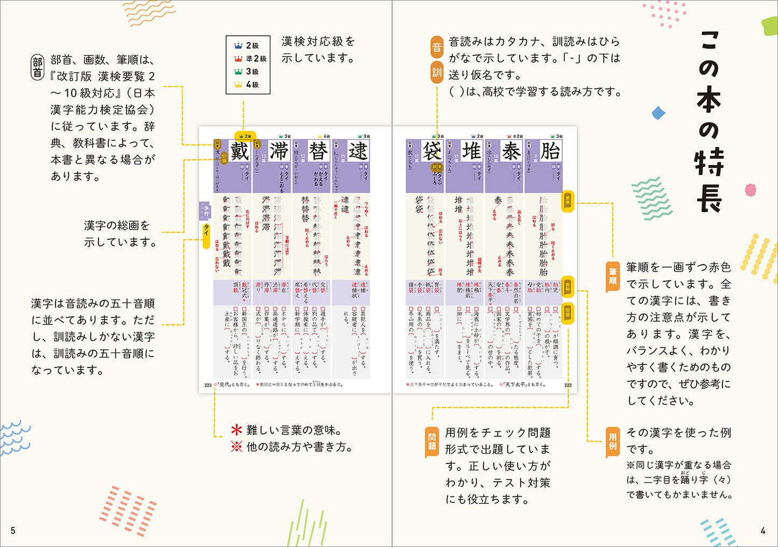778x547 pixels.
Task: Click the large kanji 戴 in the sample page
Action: coord(240,151)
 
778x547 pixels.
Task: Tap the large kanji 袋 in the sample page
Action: coord(432,151)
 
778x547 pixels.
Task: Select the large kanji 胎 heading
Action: coord(550,151)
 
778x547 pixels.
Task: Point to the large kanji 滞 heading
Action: coord(279,151)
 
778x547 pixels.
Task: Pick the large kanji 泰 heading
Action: coord(511,151)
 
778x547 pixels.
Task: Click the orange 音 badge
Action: coord(437,47)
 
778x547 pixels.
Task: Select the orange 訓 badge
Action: coord(437,73)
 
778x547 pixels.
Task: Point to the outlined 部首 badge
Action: coord(37,68)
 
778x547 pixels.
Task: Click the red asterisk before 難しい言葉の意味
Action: coord(236,430)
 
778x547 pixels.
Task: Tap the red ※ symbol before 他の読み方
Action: coord(236,447)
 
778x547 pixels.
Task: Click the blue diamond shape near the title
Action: coord(658,113)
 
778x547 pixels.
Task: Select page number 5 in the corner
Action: coord(13,531)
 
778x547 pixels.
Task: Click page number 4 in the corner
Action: coord(763,531)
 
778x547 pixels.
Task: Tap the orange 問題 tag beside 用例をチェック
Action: coord(432,441)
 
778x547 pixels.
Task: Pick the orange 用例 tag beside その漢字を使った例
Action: coord(613,441)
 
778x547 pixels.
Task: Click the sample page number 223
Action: coord(208,385)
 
